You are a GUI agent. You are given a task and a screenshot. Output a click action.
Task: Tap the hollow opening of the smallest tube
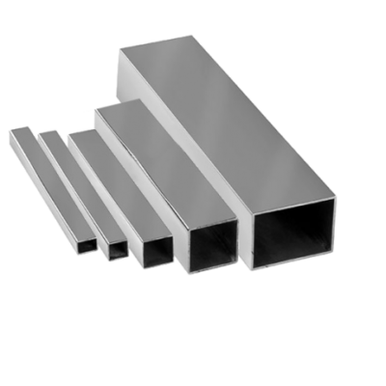[87, 243]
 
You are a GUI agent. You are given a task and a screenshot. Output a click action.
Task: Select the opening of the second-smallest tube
[117, 249]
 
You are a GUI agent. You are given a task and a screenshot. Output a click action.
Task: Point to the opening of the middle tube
[155, 254]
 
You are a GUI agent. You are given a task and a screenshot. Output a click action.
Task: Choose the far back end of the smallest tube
[14, 128]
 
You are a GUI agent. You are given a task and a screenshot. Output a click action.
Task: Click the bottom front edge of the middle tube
[155, 265]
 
